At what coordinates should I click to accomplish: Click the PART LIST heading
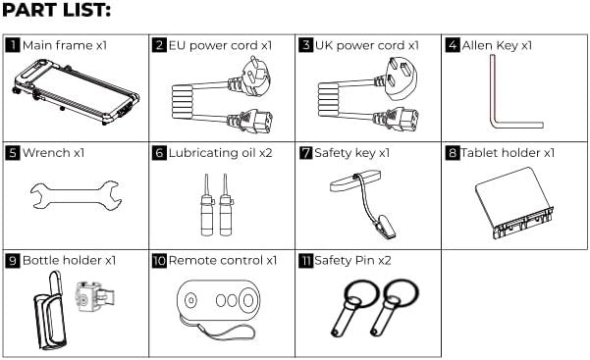pyautogui.click(x=56, y=10)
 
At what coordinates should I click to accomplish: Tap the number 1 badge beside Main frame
pyautogui.click(x=13, y=45)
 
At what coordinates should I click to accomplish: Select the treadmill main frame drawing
pyautogui.click(x=76, y=91)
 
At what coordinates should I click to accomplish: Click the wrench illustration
pyautogui.click(x=76, y=195)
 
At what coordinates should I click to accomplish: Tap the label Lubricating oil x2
pyautogui.click(x=221, y=153)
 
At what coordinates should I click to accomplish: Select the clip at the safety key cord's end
pyautogui.click(x=384, y=227)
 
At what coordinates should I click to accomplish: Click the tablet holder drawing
pyautogui.click(x=514, y=203)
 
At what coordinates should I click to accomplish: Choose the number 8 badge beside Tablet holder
pyautogui.click(x=453, y=153)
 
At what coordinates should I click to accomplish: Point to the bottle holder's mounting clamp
pyautogui.click(x=94, y=297)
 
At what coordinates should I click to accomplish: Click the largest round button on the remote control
pyautogui.click(x=248, y=300)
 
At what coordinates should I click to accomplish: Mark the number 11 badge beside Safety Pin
pyautogui.click(x=305, y=260)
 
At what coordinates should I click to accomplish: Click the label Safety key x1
pyautogui.click(x=352, y=153)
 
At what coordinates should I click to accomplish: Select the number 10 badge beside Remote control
pyautogui.click(x=159, y=260)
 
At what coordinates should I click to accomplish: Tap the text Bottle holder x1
pyautogui.click(x=70, y=260)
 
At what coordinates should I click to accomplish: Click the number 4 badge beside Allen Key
pyautogui.click(x=453, y=45)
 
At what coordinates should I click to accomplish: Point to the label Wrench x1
pyautogui.click(x=53, y=153)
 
